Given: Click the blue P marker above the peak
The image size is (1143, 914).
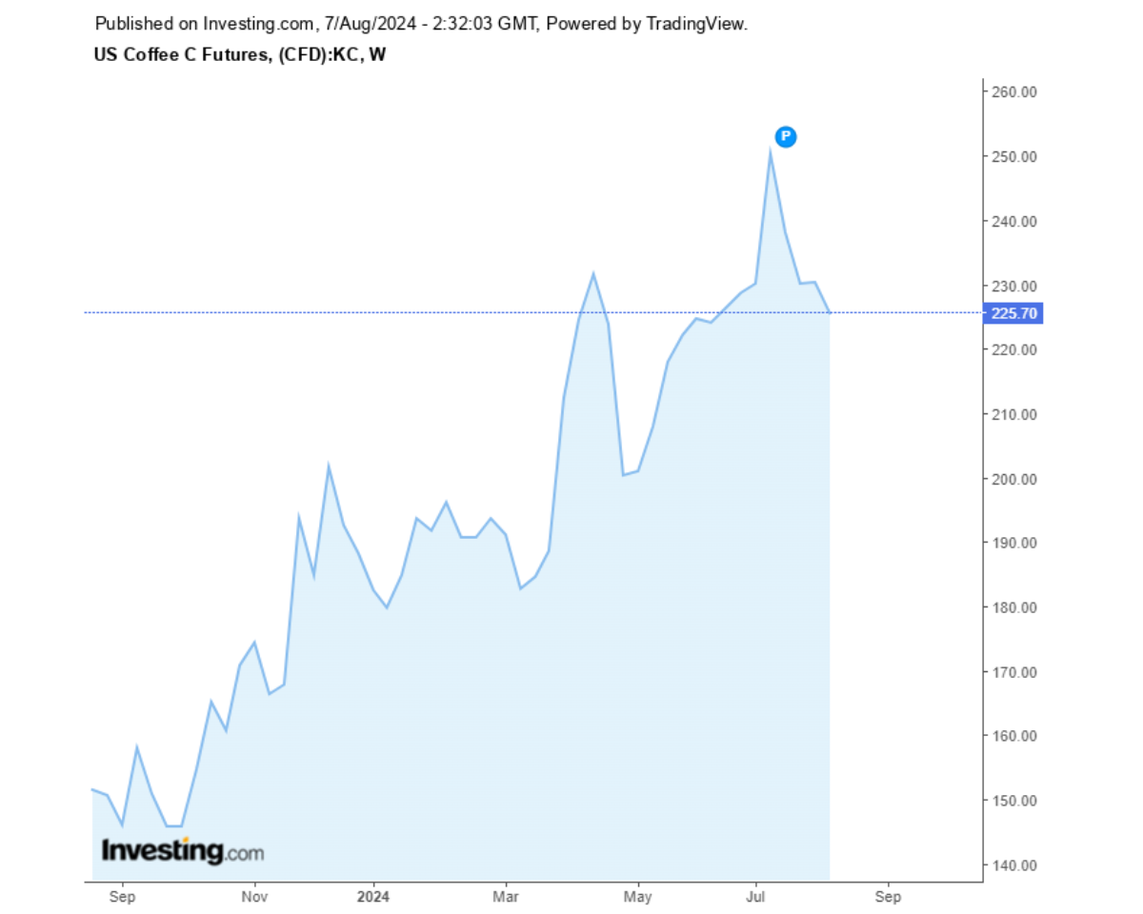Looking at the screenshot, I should tap(786, 137).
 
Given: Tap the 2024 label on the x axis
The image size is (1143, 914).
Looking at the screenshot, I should tap(374, 897).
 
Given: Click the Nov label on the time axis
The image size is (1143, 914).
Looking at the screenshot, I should tap(253, 897).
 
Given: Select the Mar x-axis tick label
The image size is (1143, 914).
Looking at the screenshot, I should tap(507, 897).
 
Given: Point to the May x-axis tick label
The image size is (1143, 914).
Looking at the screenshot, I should tap(637, 897).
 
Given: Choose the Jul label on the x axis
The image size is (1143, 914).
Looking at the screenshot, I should tap(757, 897).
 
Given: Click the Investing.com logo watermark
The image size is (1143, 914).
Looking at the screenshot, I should tap(182, 850).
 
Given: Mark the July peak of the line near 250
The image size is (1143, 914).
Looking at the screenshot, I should tap(770, 151).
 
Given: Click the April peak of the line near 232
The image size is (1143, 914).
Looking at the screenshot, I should tap(593, 274).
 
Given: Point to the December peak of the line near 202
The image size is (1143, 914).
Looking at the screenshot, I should tap(329, 466).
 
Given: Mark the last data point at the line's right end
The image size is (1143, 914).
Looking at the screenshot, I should tap(830, 312).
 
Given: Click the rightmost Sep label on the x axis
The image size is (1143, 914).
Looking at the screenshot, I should tap(888, 897).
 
